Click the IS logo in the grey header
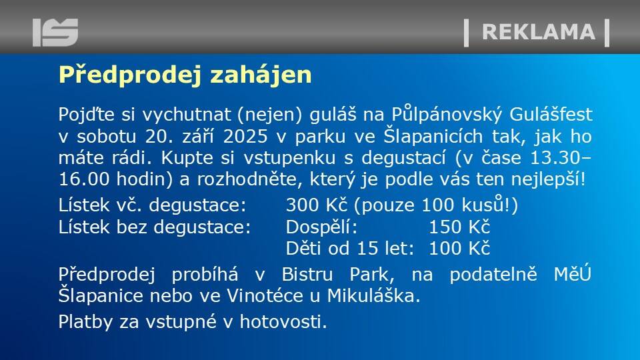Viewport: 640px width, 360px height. (x=55, y=32)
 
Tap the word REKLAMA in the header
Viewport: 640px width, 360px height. (x=539, y=32)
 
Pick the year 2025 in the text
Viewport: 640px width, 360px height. (x=245, y=136)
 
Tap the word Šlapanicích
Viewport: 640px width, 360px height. (x=433, y=136)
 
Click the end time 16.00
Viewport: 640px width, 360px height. (x=84, y=179)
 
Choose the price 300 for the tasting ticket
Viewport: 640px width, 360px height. (x=301, y=205)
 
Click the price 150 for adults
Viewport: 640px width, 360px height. (x=444, y=227)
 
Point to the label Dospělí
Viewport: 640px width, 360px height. (x=321, y=227)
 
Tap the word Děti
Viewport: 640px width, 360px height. (x=303, y=248)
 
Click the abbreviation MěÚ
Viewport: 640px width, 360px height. (x=573, y=273)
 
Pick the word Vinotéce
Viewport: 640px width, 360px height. (x=265, y=296)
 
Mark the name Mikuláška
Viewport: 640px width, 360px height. (x=373, y=295)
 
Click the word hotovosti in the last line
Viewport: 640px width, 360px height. (x=283, y=321)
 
